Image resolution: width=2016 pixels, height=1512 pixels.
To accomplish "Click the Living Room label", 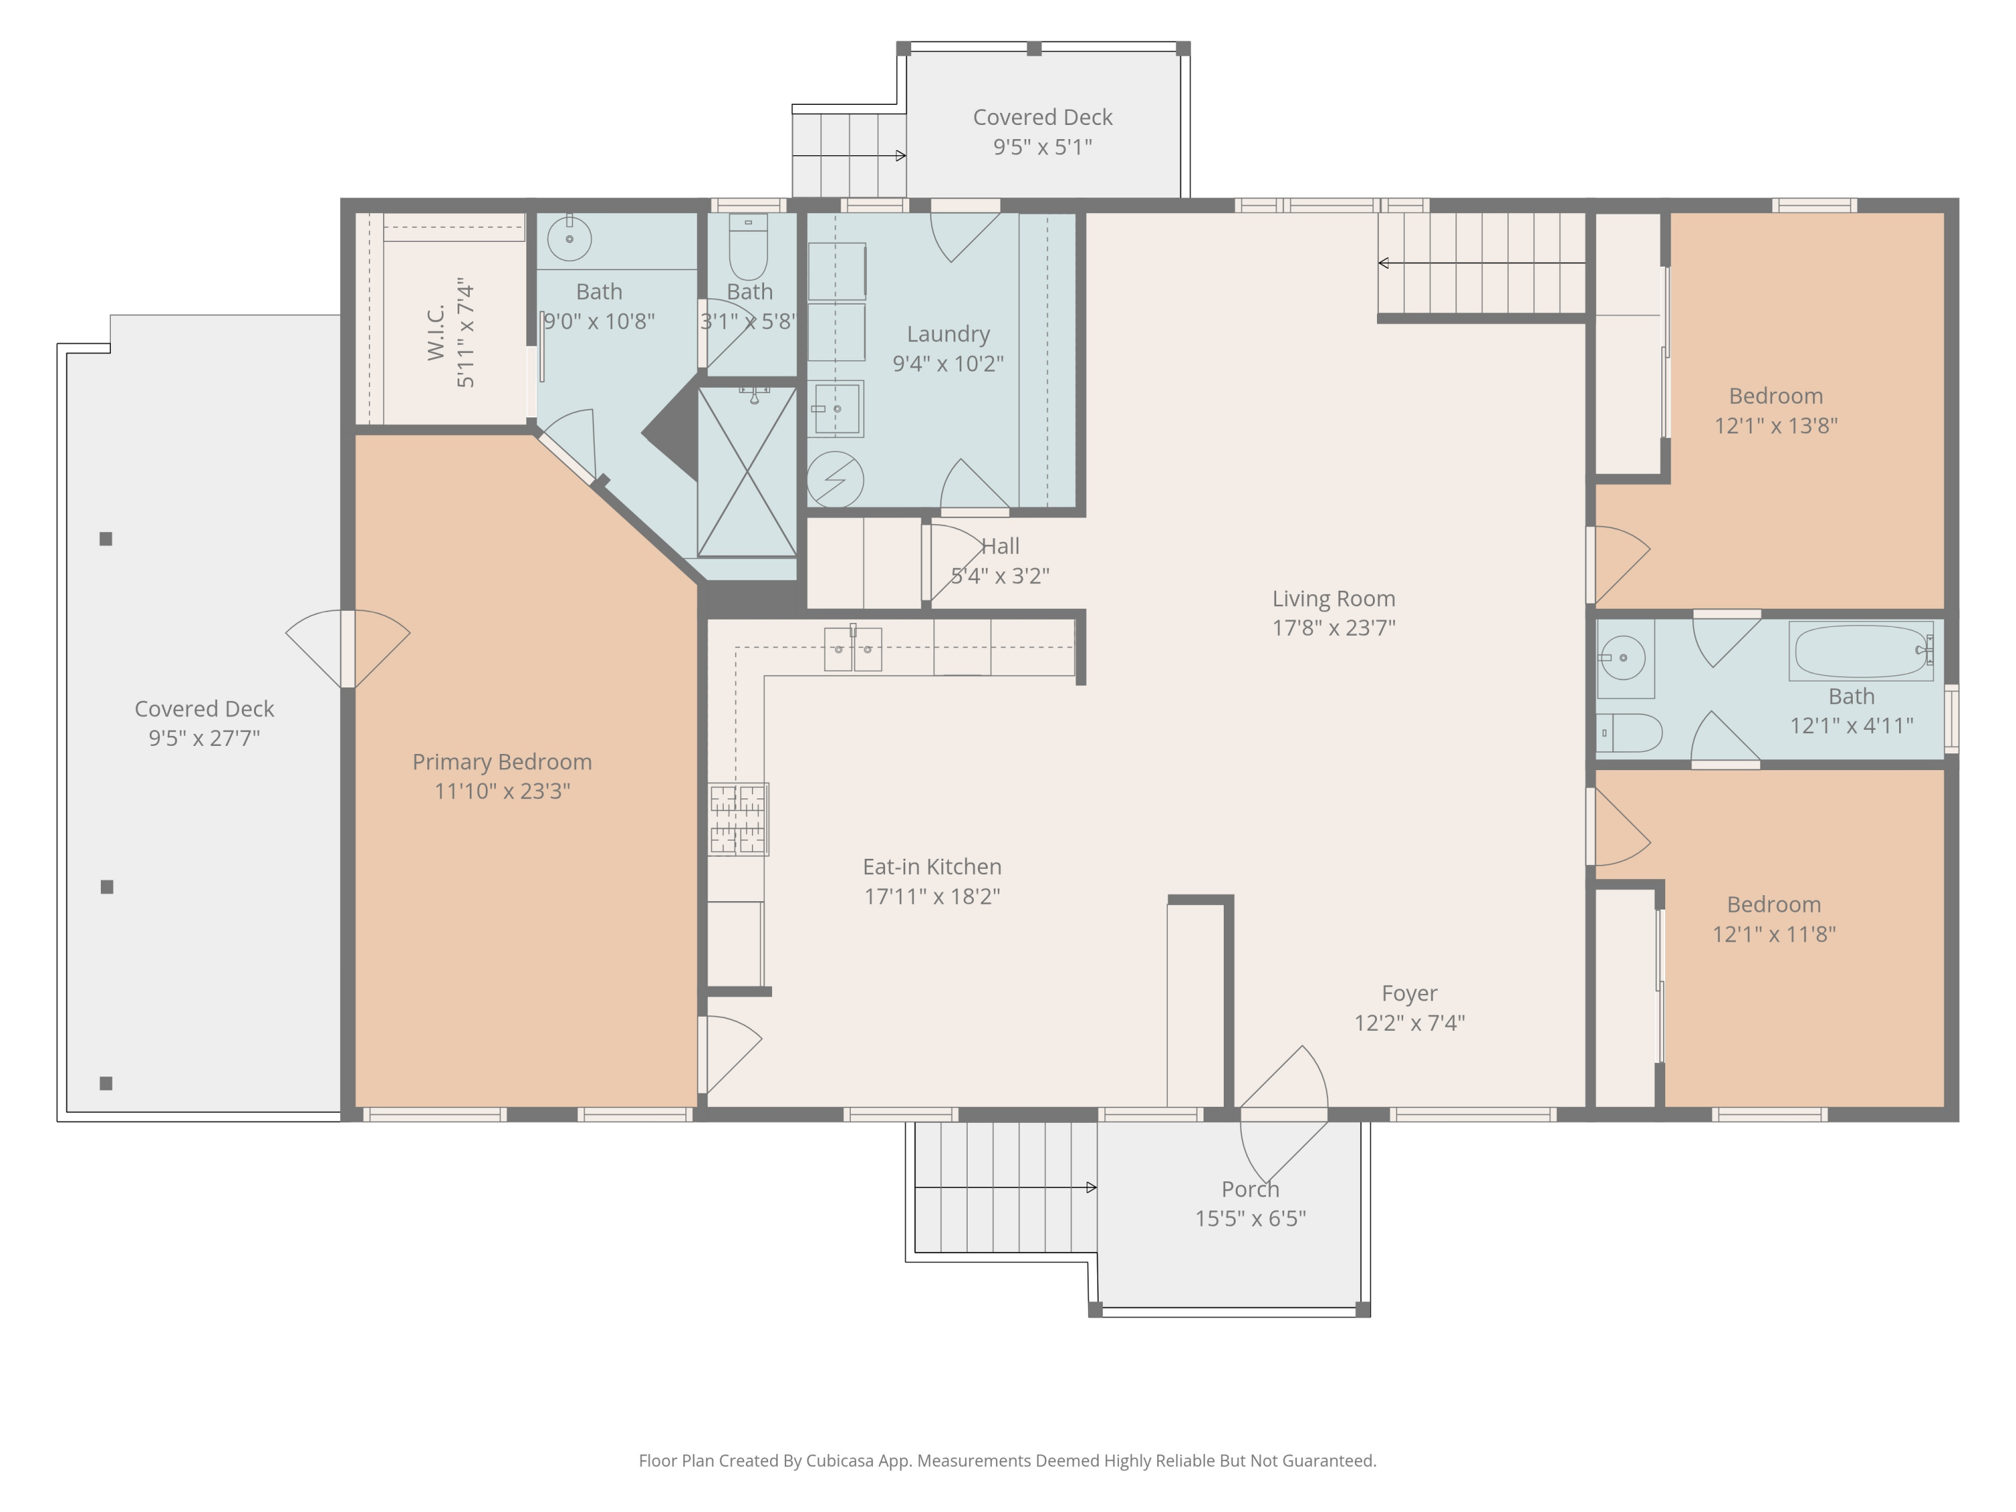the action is tap(1333, 599).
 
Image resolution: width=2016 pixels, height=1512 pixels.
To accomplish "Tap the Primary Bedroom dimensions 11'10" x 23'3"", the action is tap(502, 791).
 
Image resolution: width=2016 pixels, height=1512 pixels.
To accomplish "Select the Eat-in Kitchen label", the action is tap(931, 867).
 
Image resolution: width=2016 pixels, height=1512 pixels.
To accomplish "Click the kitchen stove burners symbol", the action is tap(739, 819).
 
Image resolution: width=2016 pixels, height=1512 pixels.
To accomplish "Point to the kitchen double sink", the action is tap(853, 649).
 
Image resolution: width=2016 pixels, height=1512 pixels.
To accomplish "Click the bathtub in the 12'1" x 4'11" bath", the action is tap(1861, 650).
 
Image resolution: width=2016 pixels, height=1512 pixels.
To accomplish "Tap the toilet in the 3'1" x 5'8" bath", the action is tap(748, 247).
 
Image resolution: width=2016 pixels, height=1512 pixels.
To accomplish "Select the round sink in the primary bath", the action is tap(570, 239).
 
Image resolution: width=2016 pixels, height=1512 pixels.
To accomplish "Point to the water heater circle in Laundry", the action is tap(835, 479).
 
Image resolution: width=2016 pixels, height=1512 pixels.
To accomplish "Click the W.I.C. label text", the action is tap(437, 333).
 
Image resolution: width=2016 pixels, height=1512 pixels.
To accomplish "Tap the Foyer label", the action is tap(1409, 993).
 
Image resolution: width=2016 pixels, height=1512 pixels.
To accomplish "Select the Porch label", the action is tap(1251, 1189).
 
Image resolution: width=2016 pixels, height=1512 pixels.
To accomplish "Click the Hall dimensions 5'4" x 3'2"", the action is tap(1000, 576).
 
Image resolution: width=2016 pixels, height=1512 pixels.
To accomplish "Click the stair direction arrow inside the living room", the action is tap(1481, 263).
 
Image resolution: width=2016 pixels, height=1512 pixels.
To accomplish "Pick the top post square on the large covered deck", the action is tap(106, 539).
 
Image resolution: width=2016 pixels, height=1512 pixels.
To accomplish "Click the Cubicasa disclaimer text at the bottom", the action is tap(1007, 1461).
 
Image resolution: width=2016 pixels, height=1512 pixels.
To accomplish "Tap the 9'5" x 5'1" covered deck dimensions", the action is tap(1043, 146).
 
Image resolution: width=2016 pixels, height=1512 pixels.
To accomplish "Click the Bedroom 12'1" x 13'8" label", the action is tap(1775, 396).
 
